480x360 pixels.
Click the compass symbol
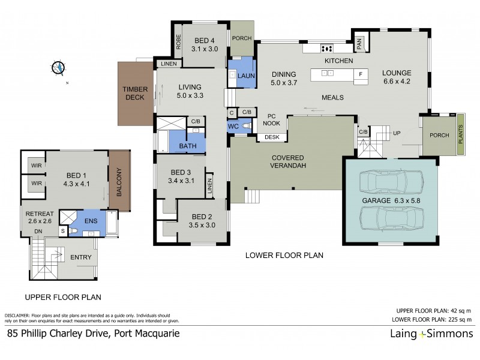[59, 68]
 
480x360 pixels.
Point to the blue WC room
[233, 127]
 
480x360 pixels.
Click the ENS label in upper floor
[90, 220]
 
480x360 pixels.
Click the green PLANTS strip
[461, 134]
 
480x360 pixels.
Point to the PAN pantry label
[360, 42]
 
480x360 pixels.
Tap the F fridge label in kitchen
[361, 74]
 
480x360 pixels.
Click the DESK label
[271, 137]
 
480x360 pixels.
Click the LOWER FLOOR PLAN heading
[284, 255]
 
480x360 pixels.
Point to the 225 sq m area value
[458, 319]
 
